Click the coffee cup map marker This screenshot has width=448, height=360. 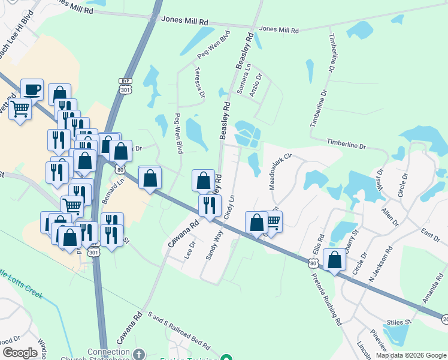[x=32, y=90]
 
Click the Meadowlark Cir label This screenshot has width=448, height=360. [x=279, y=172]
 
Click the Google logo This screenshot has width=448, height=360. [x=20, y=353]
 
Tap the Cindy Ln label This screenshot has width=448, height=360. [x=229, y=205]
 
